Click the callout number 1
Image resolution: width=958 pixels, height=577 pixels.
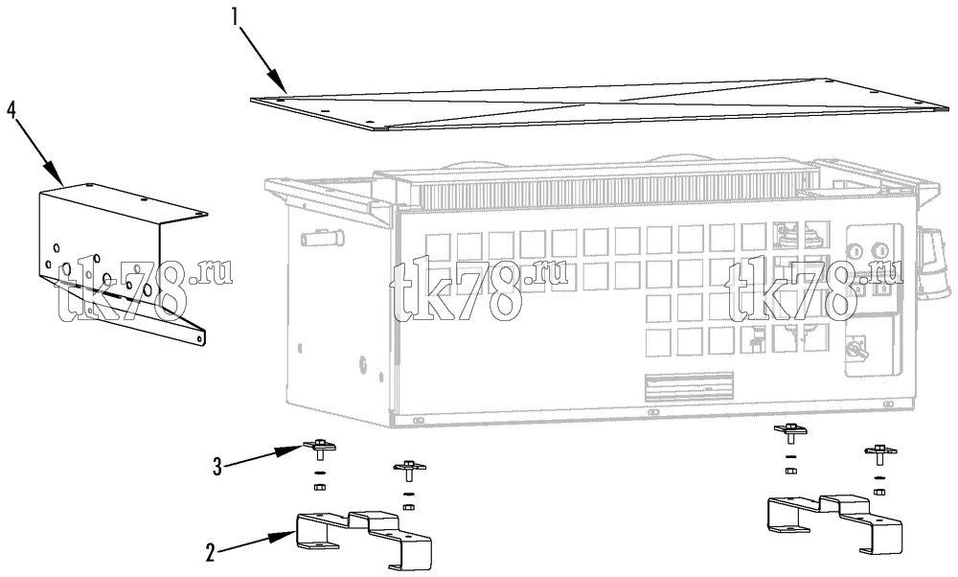[x=236, y=15]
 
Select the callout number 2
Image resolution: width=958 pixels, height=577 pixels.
[x=210, y=553]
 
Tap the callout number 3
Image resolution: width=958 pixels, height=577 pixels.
[x=217, y=467]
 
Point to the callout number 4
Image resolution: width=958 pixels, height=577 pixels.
[x=11, y=110]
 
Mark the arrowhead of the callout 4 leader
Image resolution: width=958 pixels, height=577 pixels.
[x=57, y=175]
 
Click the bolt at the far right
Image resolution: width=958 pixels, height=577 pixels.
[x=880, y=454]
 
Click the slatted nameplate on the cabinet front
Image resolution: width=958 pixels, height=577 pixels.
[x=690, y=386]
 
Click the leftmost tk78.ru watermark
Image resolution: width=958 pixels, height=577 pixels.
[x=145, y=290]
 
